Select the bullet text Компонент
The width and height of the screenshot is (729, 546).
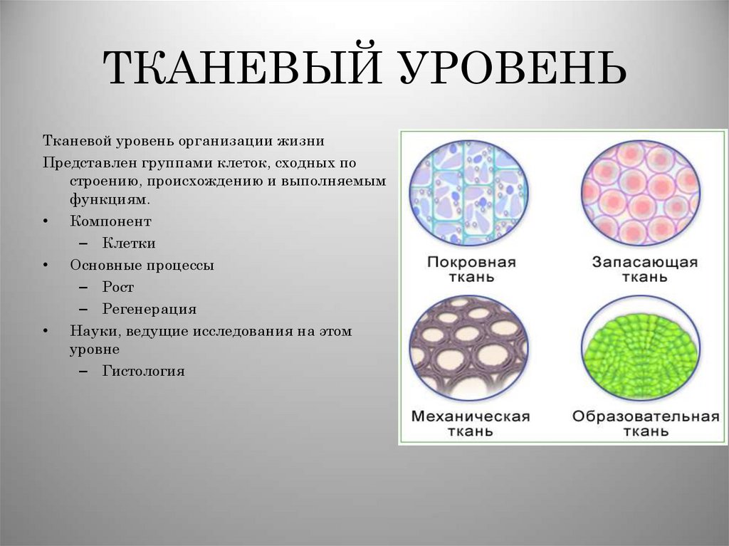coord(110,221)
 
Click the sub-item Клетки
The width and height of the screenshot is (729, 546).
coord(129,243)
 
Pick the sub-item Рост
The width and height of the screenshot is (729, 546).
coord(118,288)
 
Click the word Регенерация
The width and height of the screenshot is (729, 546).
coord(149,310)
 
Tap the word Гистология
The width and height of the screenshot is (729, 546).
coord(143,371)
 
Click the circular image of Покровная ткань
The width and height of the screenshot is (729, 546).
coord(468,192)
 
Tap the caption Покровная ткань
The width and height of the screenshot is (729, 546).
coord(471,269)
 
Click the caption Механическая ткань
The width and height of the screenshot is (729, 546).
coord(470,424)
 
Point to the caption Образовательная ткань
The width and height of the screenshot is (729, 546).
coord(645,424)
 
